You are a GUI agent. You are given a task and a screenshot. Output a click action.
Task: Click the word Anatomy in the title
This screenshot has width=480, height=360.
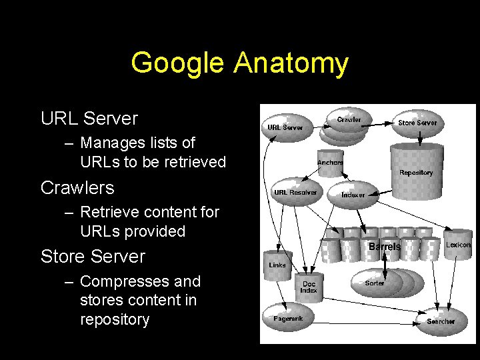point(291,64)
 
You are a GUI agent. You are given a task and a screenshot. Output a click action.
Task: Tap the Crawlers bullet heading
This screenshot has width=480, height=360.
point(77,188)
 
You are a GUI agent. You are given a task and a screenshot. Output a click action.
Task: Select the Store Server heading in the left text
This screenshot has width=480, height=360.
point(93,256)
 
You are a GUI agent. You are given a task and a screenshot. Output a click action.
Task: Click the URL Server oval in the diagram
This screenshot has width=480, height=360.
point(285,127)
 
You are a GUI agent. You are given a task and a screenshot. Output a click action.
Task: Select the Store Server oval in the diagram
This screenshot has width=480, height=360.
point(417,123)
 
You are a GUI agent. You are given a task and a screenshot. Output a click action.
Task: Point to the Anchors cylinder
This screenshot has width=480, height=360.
point(329,162)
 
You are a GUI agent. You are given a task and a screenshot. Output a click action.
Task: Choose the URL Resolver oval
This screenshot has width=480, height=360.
point(295,192)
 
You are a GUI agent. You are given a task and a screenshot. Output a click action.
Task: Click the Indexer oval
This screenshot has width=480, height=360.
point(353,194)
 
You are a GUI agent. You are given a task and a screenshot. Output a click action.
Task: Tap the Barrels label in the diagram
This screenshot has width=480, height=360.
point(385,246)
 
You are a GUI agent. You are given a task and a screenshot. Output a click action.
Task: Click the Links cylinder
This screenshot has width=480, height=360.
point(277,263)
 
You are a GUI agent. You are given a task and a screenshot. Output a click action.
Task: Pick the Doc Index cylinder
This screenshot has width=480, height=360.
point(309,287)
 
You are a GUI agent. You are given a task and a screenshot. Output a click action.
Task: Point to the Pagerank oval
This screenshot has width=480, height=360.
point(288,318)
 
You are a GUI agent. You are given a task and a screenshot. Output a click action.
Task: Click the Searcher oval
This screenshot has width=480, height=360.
point(441,321)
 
